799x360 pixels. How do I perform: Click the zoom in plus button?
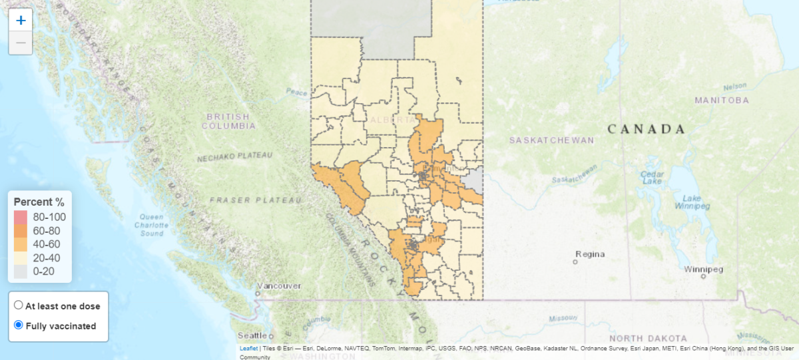pyautogui.click(x=21, y=20)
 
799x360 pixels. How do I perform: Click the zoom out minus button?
pyautogui.click(x=21, y=43)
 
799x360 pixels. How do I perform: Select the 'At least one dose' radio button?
pyautogui.click(x=19, y=305)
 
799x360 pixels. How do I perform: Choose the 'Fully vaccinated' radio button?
pyautogui.click(x=19, y=325)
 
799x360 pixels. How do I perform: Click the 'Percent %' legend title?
pyautogui.click(x=39, y=202)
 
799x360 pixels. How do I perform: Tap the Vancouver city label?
pyautogui.click(x=278, y=285)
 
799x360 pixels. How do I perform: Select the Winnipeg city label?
pyautogui.click(x=703, y=270)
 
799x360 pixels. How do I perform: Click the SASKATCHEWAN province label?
pyautogui.click(x=551, y=140)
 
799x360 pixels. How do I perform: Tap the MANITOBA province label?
pyautogui.click(x=721, y=100)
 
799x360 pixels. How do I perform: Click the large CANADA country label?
pyautogui.click(x=646, y=129)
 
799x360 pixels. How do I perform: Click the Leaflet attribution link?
pyautogui.click(x=248, y=348)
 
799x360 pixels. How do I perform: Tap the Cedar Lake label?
pyautogui.click(x=651, y=178)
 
